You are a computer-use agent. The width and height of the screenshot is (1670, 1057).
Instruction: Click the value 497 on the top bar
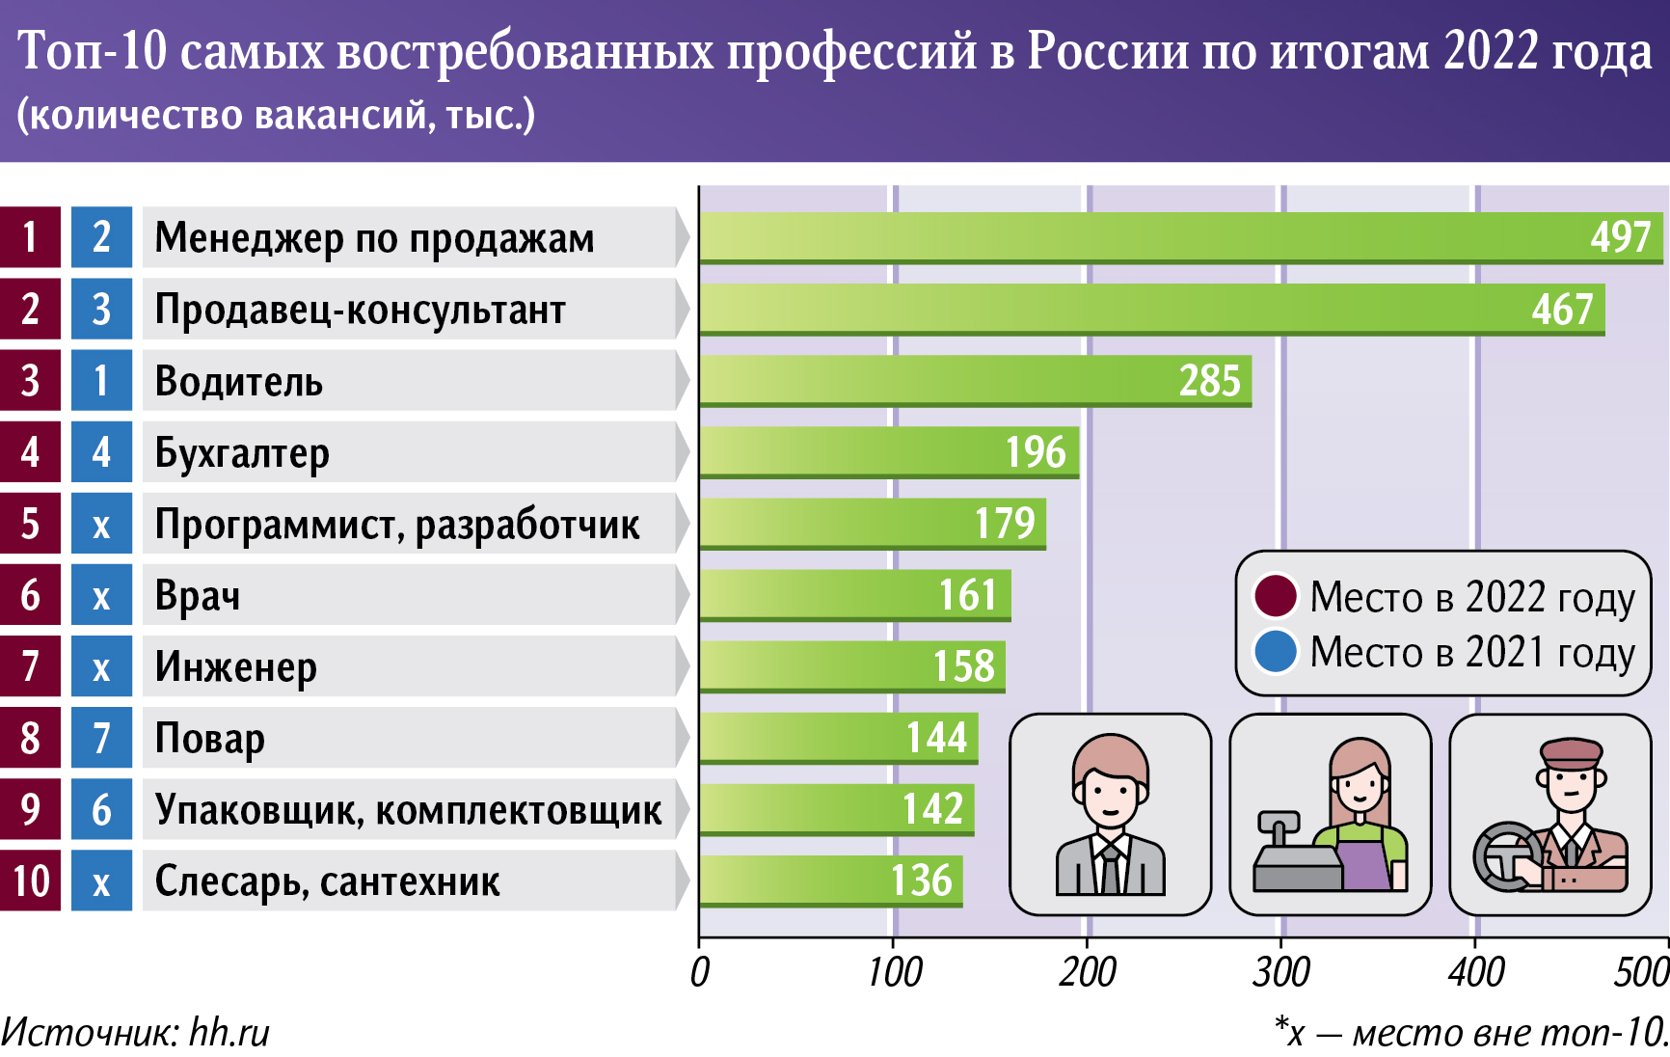click(x=1620, y=237)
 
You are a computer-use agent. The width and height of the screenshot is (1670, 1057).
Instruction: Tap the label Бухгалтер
click(x=242, y=453)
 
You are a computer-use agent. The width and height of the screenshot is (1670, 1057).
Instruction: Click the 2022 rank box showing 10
click(x=31, y=881)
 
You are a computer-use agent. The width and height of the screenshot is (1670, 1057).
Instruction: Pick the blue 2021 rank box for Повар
click(x=101, y=739)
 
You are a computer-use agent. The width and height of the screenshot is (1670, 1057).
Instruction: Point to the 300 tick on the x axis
click(x=1281, y=972)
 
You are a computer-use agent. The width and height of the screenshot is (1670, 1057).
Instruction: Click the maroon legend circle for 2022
click(x=1276, y=596)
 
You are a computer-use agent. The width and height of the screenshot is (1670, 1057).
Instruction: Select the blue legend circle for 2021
click(x=1276, y=652)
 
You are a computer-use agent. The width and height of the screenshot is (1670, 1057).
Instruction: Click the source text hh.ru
click(x=229, y=1033)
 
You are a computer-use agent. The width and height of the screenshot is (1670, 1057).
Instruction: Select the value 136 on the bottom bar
click(x=921, y=881)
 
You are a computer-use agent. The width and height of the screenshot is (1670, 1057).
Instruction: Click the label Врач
click(x=198, y=596)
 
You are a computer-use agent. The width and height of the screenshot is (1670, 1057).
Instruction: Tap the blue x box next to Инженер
click(x=101, y=667)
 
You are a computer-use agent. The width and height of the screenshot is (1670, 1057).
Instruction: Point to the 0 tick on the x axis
click(x=700, y=972)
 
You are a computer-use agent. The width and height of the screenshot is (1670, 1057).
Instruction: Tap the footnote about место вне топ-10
click(x=1471, y=1033)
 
